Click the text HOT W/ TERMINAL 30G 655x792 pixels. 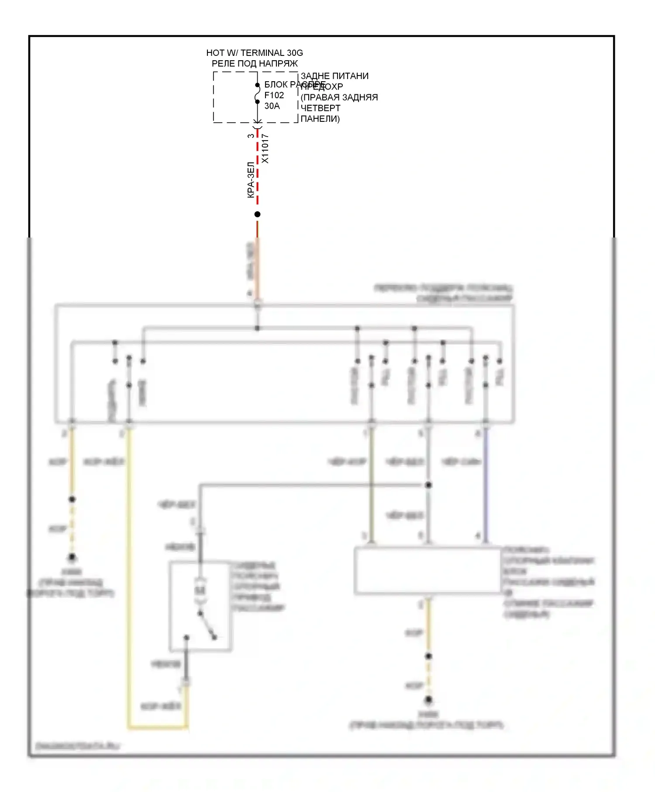[254, 53]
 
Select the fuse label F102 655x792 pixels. [274, 95]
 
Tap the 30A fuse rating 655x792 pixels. [272, 106]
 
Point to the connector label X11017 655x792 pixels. [265, 148]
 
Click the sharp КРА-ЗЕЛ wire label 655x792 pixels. [251, 180]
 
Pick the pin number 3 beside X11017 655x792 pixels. [251, 136]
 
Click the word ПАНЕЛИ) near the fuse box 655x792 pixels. [320, 119]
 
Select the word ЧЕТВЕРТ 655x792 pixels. [321, 108]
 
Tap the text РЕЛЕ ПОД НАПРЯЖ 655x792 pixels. [255, 64]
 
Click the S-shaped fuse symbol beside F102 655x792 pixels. [257, 93]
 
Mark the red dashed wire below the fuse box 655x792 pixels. [257, 175]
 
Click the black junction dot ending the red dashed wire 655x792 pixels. [257, 214]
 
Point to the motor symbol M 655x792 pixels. [200, 590]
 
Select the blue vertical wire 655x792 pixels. [486, 485]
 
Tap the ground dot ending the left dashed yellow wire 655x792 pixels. [72, 558]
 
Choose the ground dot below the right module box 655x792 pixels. [428, 700]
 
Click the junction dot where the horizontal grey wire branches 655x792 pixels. [428, 485]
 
